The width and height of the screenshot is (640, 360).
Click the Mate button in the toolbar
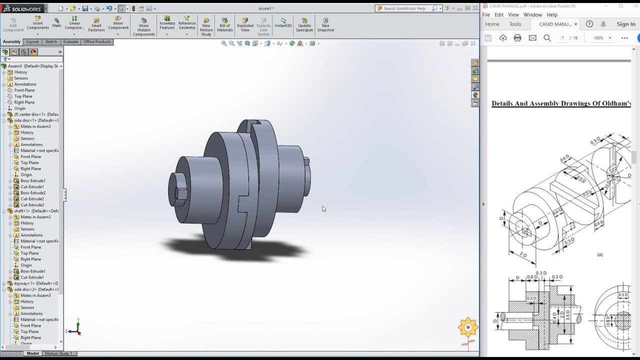click(56, 22)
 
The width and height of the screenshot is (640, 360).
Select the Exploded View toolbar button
click(245, 25)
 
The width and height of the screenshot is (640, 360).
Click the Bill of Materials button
click(225, 25)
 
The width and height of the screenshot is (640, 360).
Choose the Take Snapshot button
click(325, 25)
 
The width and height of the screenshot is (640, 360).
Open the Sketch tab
click(51, 42)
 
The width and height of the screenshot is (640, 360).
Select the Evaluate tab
click(70, 42)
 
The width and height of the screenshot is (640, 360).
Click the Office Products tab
click(97, 42)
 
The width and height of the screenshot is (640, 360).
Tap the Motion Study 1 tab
click(58, 353)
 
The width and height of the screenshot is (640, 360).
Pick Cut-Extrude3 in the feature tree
click(32, 205)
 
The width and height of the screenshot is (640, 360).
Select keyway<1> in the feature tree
click(25, 283)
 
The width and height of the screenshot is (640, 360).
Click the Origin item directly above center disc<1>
click(19, 108)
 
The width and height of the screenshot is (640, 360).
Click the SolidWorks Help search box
click(406, 8)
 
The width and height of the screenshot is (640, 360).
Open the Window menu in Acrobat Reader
click(532, 15)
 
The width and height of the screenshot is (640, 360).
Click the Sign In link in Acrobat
click(625, 24)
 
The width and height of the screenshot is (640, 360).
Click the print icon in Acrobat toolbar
click(517, 38)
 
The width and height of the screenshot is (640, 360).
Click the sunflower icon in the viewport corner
click(468, 327)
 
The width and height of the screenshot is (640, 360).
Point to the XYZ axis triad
click(74, 327)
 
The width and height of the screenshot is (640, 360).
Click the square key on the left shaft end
click(181, 193)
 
